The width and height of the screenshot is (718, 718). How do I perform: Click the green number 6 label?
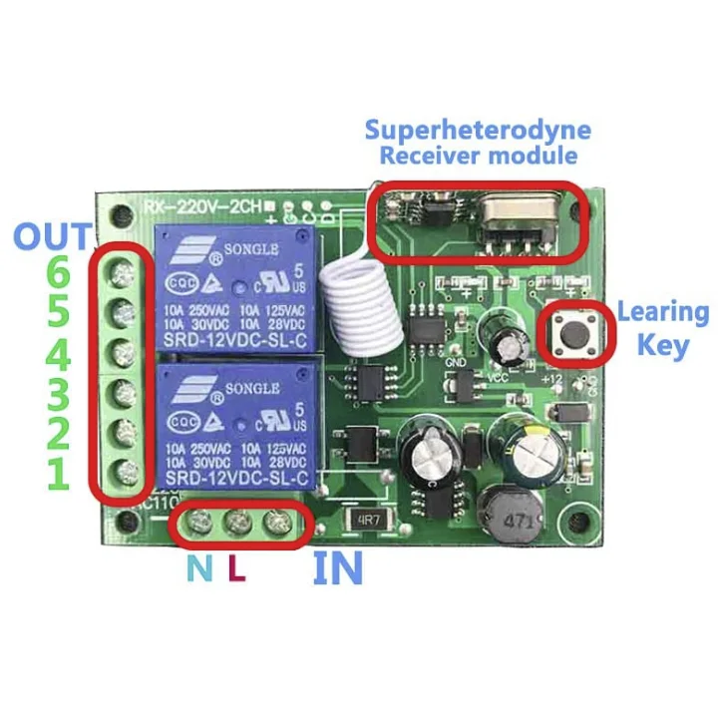pos(59,271)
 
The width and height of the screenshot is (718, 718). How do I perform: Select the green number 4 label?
pos(59,354)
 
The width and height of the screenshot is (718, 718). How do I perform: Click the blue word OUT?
pos(53,237)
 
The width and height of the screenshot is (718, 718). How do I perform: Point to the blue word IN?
pos(337,569)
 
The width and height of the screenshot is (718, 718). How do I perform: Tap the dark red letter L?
pos(236,569)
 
